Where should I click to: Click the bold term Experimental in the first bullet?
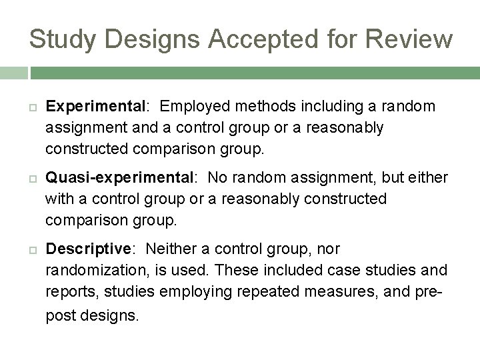point(95,107)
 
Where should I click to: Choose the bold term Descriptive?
point(89,249)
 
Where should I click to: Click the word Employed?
point(192,107)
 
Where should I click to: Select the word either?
point(429,178)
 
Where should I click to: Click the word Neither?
point(171,249)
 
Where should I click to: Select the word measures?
point(323,291)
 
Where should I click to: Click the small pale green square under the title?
point(13,72)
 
